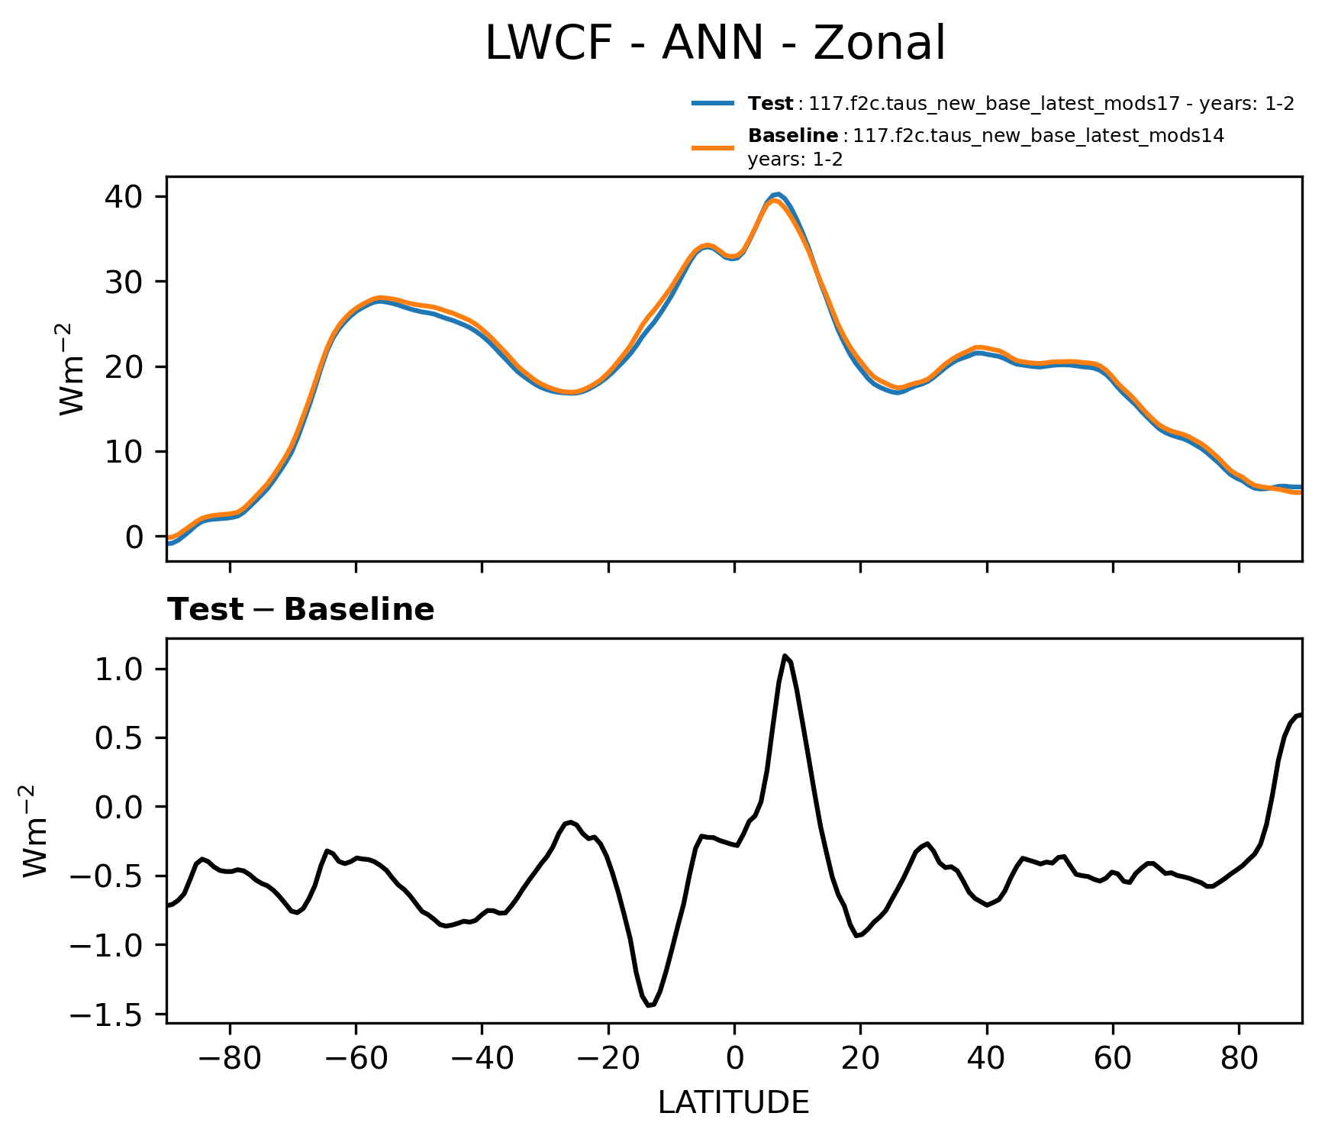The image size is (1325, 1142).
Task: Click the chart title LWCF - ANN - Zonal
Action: [715, 44]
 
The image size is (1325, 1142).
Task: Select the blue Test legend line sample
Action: [713, 103]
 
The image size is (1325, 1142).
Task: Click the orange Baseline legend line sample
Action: [713, 147]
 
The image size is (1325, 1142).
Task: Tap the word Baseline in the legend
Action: [792, 136]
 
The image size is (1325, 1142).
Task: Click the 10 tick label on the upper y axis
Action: [124, 452]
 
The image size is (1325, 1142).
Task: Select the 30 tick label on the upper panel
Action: [124, 282]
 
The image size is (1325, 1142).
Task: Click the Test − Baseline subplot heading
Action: [301, 610]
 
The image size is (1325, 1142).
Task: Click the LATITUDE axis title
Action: [733, 1103]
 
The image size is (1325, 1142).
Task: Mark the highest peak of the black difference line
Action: [785, 656]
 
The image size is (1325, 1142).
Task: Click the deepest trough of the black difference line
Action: [649, 1005]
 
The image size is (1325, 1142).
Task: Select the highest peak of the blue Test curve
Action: [777, 194]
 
